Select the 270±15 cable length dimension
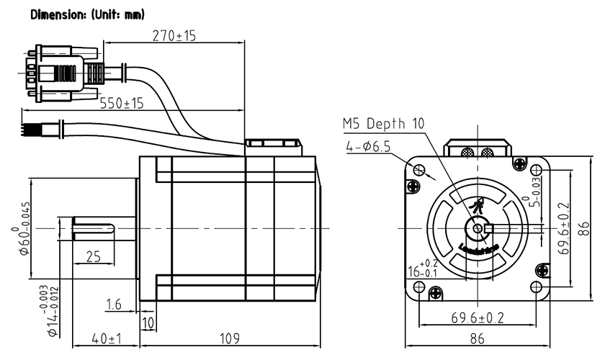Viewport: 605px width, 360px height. coord(174,36)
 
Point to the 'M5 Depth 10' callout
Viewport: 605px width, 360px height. coord(383,123)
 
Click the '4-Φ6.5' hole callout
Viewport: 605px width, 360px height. coord(367,147)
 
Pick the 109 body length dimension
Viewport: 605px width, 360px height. coord(228,338)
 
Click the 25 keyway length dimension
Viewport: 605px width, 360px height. coord(94,256)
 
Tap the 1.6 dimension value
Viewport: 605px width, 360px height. coord(114,305)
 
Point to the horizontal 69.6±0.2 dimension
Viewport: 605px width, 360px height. coord(478,317)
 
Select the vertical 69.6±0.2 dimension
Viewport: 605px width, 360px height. coord(565,230)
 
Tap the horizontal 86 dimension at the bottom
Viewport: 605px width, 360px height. coord(478,338)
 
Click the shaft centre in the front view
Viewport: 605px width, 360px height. coord(477,228)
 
